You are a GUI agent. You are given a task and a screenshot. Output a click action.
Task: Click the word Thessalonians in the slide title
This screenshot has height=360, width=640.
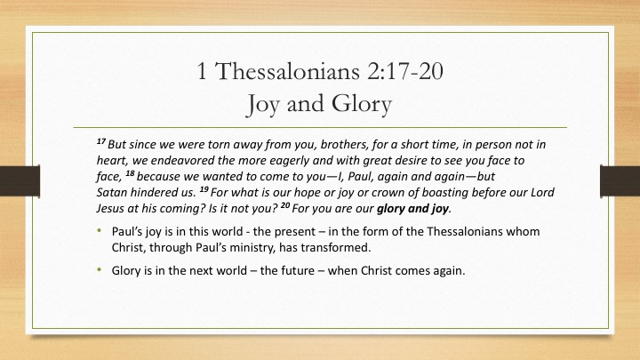[x=287, y=71]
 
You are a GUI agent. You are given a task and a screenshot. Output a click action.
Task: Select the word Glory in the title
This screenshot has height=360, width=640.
[x=362, y=104]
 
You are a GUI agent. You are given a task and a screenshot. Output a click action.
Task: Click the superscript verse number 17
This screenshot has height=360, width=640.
[x=101, y=141]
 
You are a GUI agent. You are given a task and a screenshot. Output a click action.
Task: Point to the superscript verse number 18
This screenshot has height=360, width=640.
[x=130, y=173]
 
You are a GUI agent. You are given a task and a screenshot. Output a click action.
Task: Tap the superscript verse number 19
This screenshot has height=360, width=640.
[x=204, y=189]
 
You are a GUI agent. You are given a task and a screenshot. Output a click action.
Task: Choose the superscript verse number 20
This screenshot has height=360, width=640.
[x=285, y=205]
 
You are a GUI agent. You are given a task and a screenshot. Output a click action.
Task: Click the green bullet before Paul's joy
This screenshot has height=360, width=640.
[x=100, y=230]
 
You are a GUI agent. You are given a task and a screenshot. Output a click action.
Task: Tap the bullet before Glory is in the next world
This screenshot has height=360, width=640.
[x=100, y=270]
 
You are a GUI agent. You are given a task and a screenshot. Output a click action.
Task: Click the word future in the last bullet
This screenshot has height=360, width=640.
[x=297, y=270]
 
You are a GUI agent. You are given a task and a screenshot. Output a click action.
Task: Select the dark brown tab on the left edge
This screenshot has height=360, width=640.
[x=20, y=180]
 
